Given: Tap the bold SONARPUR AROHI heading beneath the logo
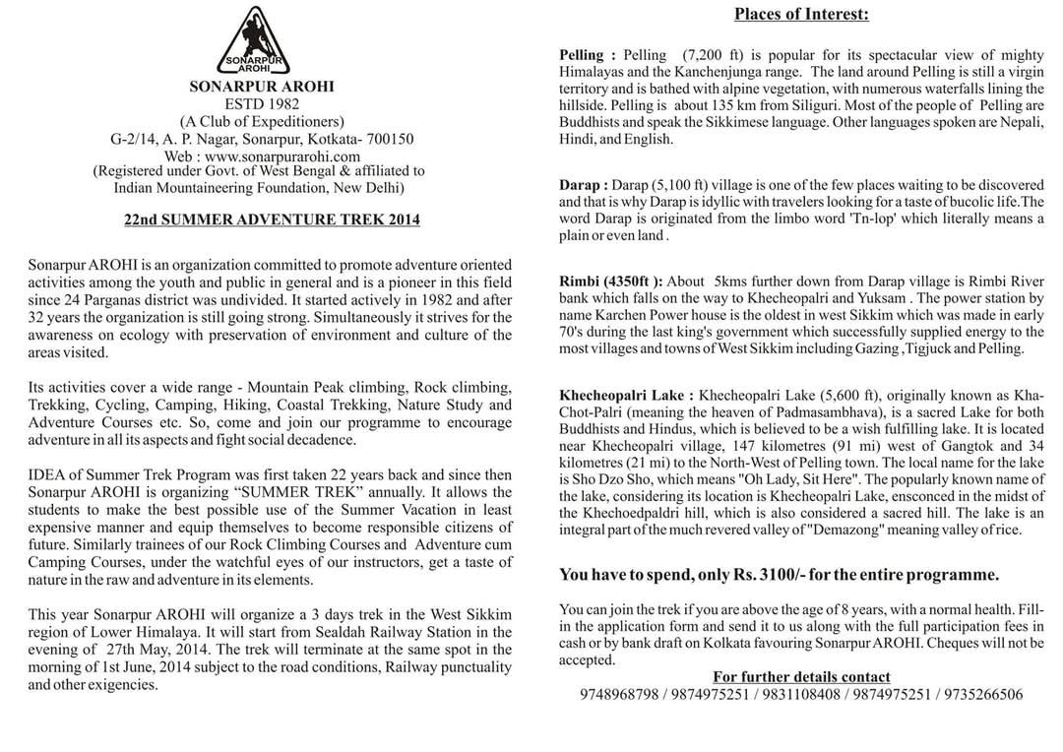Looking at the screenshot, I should click(261, 87).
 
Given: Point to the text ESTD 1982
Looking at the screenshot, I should click(261, 104).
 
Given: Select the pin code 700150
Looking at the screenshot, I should click(387, 139).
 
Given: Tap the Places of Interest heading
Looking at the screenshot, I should click(801, 15).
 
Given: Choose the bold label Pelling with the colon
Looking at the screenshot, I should click(588, 55).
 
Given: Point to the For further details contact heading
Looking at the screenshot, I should click(801, 677).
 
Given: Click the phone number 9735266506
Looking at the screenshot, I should click(983, 694).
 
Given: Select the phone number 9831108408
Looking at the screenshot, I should click(800, 694).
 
